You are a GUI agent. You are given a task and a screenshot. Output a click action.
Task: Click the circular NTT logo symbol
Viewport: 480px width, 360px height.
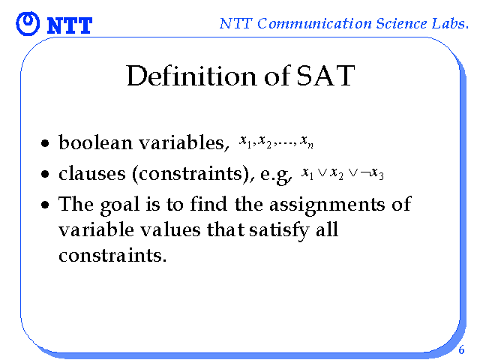pos(28,23)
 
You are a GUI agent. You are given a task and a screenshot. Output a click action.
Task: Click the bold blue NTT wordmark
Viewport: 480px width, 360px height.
pos(70,25)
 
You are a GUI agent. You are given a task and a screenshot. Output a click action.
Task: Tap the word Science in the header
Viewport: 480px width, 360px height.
pos(401,23)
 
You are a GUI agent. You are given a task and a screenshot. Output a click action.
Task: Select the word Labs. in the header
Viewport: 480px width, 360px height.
pos(450,23)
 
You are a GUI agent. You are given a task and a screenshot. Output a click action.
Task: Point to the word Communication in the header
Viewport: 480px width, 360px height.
pos(314,23)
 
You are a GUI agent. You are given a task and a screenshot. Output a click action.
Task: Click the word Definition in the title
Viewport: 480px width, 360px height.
pos(192,76)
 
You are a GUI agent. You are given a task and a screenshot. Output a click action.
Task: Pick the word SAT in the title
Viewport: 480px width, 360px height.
pos(325,76)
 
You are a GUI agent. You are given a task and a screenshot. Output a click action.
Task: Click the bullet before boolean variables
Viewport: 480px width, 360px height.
pos(45,143)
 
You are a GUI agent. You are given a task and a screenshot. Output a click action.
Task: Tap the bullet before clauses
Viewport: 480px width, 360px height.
pos(45,174)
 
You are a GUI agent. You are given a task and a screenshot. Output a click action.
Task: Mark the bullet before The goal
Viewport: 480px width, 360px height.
pos(45,205)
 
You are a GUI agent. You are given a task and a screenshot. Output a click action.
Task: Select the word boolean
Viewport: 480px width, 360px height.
pos(95,142)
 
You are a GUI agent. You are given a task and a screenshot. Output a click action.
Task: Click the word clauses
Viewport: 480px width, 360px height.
pos(92,173)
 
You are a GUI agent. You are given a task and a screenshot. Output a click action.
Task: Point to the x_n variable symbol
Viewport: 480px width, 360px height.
pos(307,142)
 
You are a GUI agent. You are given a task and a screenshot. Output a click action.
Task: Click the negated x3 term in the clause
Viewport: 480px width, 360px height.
pos(372,174)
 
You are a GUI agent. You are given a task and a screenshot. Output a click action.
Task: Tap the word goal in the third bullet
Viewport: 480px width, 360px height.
pos(120,205)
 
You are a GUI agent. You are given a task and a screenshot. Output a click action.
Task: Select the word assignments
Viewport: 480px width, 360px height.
pos(327,205)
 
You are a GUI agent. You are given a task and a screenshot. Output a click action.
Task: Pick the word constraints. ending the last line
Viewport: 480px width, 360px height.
pos(112,255)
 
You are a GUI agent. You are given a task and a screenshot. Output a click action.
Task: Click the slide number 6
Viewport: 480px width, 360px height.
pos(461,349)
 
